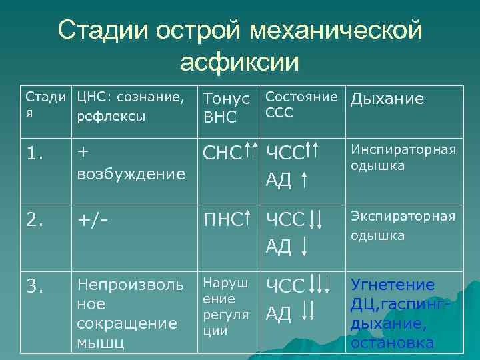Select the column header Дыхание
click(387, 99)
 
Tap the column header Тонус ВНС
click(225, 109)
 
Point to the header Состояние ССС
click(302, 105)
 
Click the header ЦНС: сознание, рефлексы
click(131, 107)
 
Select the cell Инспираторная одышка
click(403, 157)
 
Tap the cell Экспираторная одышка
click(403, 225)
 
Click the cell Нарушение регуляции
click(225, 307)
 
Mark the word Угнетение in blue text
click(393, 285)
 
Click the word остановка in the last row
click(393, 343)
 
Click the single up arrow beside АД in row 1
click(305, 179)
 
